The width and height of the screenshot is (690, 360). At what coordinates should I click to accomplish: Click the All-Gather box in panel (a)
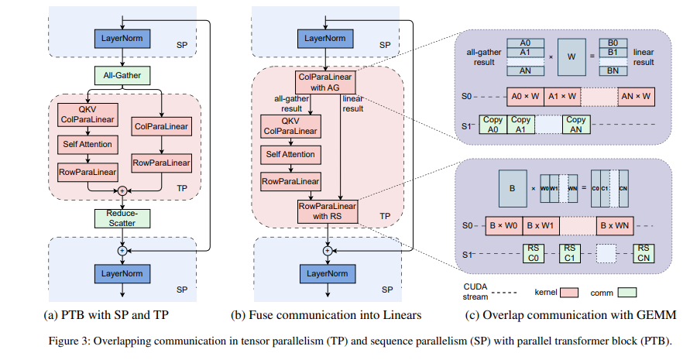pyautogui.click(x=121, y=75)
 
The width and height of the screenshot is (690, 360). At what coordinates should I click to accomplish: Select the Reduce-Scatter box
pyautogui.click(x=121, y=218)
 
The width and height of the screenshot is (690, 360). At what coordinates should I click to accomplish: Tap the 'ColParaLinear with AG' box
pyautogui.click(x=326, y=83)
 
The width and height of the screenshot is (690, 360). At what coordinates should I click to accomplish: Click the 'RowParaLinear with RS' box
pyautogui.click(x=326, y=211)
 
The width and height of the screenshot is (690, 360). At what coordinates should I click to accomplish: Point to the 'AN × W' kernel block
pyautogui.click(x=634, y=98)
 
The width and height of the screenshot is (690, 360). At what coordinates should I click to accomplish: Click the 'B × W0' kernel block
pyautogui.click(x=504, y=225)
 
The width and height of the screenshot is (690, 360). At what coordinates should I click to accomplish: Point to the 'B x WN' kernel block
pyautogui.click(x=617, y=225)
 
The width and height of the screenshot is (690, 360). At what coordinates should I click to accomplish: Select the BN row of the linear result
pyautogui.click(x=617, y=70)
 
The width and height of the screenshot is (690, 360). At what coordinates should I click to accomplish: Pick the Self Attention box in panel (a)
pyautogui.click(x=88, y=143)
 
